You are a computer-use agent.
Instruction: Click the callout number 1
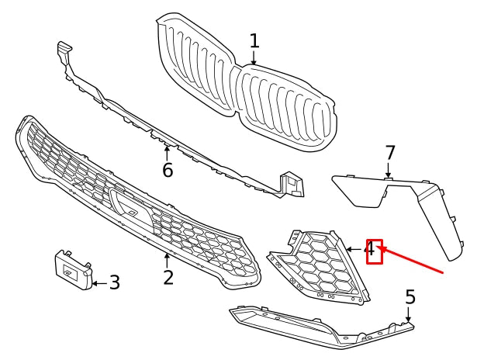click(254, 41)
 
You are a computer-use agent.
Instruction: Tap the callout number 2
click(168, 277)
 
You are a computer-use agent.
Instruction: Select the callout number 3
click(114, 282)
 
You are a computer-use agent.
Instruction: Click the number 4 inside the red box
click(371, 250)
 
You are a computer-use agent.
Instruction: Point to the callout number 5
click(410, 296)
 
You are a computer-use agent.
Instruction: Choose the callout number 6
click(167, 170)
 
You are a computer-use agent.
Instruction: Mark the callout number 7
click(389, 153)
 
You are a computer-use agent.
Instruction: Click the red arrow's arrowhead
click(380, 249)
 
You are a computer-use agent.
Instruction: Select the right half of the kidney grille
click(287, 105)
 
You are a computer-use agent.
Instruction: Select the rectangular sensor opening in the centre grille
click(129, 205)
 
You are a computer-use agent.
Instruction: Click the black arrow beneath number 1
click(254, 59)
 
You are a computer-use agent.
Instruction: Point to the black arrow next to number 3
click(98, 283)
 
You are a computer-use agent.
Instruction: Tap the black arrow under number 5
click(408, 315)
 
